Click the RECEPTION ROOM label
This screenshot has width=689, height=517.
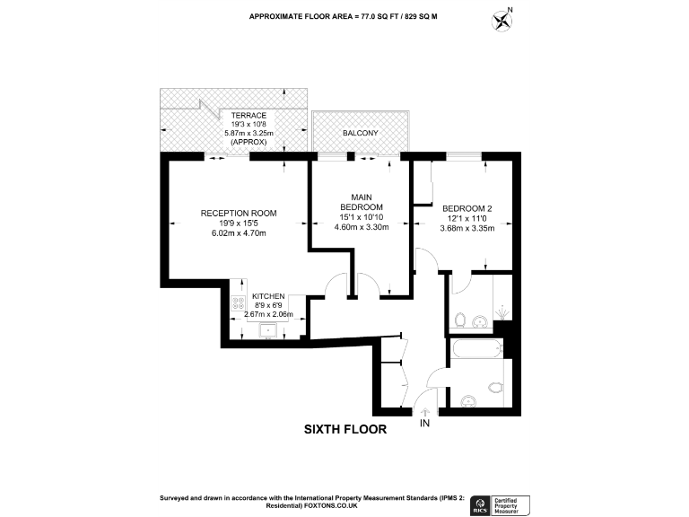tap(238, 213)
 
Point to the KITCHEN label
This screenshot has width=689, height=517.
tap(268, 295)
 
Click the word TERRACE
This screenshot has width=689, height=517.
tap(249, 116)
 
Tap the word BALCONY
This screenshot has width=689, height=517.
tap(360, 133)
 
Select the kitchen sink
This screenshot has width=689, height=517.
tap(267, 331)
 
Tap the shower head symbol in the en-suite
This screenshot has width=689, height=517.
tap(501, 313)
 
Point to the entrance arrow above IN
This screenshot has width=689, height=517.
tap(424, 408)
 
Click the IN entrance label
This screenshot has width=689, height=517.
tap(424, 422)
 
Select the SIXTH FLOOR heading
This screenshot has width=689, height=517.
tap(345, 430)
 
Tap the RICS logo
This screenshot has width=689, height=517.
tap(480, 504)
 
